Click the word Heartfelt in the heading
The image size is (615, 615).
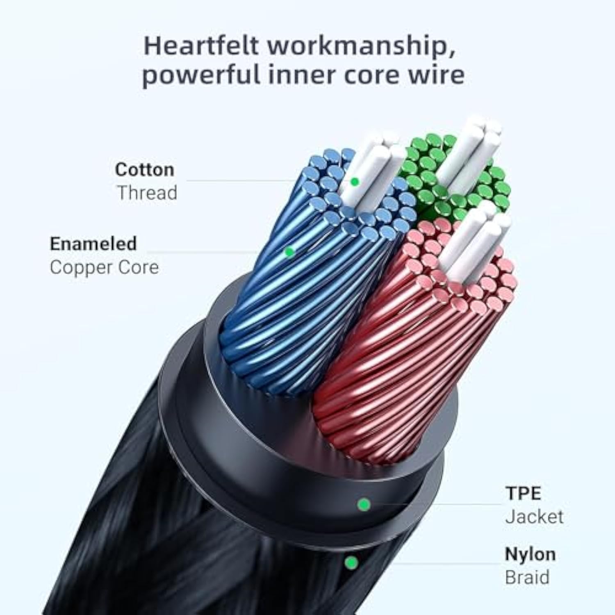pyautogui.click(x=201, y=46)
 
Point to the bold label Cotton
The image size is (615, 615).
pyautogui.click(x=144, y=170)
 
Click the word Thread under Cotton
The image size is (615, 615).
pyautogui.click(x=147, y=193)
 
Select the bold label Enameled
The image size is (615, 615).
pyautogui.click(x=93, y=244)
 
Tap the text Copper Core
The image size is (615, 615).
pyautogui.click(x=104, y=267)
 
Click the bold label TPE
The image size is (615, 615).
pyautogui.click(x=523, y=493)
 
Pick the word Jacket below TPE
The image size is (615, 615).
pyautogui.click(x=534, y=517)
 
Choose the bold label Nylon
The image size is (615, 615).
pyautogui.click(x=530, y=554)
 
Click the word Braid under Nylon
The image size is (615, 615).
pyautogui.click(x=527, y=577)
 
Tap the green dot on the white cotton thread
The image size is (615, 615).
pyautogui.click(x=355, y=181)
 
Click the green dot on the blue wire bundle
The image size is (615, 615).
pyautogui.click(x=289, y=252)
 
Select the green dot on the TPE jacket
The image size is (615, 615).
pyautogui.click(x=364, y=504)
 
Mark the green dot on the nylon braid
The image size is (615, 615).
pyautogui.click(x=351, y=563)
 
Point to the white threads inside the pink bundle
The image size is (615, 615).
pyautogui.click(x=471, y=242)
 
